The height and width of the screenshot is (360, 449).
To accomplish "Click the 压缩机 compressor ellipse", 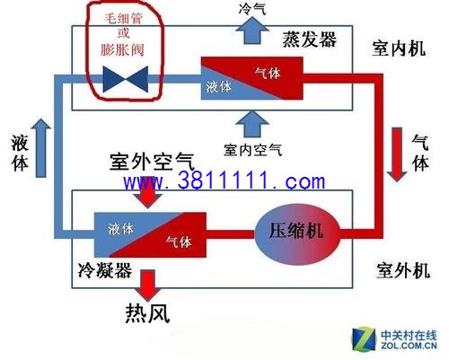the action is tap(297, 233).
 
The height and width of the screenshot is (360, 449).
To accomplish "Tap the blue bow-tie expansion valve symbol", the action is tap(126, 79).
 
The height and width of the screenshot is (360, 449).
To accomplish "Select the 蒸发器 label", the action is tap(310, 40).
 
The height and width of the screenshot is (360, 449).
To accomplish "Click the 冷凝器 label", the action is tap(104, 270).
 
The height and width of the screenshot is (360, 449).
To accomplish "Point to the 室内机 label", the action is tap(399, 48).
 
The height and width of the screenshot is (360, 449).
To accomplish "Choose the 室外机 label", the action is tap(403, 270).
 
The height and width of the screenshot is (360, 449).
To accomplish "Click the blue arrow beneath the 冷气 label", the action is tap(252, 31).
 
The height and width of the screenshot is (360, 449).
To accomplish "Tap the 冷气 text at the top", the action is tap(252, 8).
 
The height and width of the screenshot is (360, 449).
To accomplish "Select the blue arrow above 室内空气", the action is tap(252, 124).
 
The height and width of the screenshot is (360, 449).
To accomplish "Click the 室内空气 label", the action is tap(253, 149).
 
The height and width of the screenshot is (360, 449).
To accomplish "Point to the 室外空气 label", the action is tap(152, 162).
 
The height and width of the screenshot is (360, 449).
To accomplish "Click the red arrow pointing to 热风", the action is tap(148, 285).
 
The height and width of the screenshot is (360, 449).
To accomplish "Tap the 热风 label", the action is tap(147, 312).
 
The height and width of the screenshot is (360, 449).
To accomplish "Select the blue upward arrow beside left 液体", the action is tap(41, 148).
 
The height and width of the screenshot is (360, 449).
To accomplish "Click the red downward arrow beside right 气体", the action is tap(397, 154).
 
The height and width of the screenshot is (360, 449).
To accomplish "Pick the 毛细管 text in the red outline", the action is tap(123, 19).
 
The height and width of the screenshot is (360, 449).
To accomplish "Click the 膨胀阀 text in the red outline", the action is tap(122, 49).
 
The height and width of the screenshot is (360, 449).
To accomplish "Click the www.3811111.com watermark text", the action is tap(224, 181).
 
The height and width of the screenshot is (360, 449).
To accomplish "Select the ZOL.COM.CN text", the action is tap(409, 346).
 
